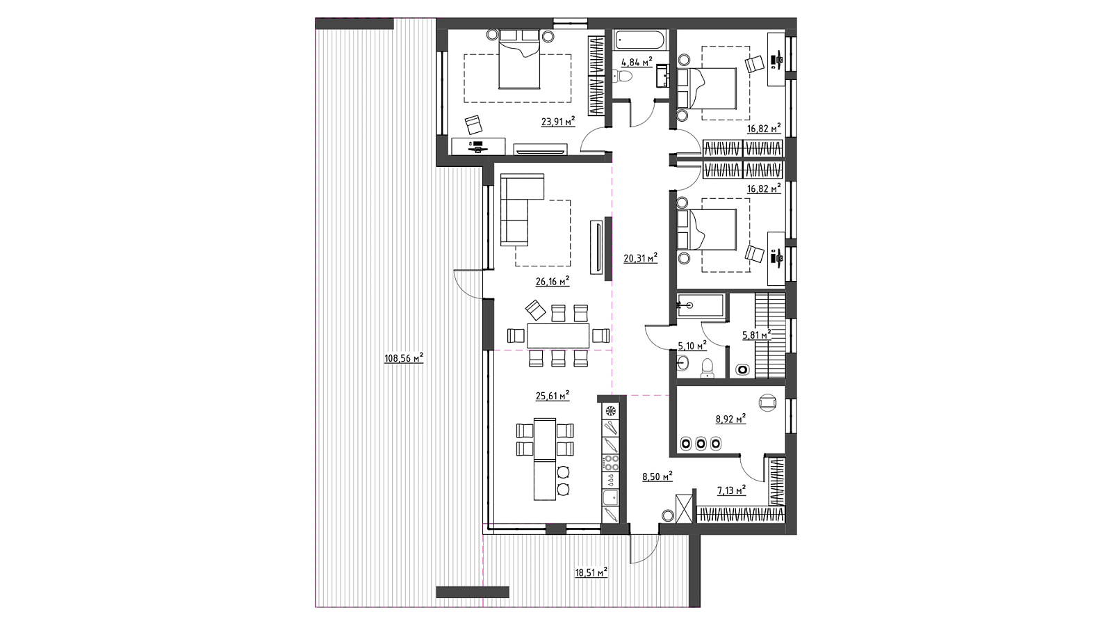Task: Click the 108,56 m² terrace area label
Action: tap(404, 358)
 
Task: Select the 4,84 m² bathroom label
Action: tap(637, 62)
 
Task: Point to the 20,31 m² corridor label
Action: tap(640, 258)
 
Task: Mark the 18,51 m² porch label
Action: tap(591, 573)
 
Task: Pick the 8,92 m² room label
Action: tap(730, 419)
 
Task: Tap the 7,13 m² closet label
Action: tap(731, 491)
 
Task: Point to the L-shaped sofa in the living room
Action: tap(521, 209)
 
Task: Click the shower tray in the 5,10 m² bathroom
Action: tap(700, 305)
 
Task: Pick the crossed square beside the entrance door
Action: tap(684, 508)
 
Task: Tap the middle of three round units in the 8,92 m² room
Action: tap(701, 443)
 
